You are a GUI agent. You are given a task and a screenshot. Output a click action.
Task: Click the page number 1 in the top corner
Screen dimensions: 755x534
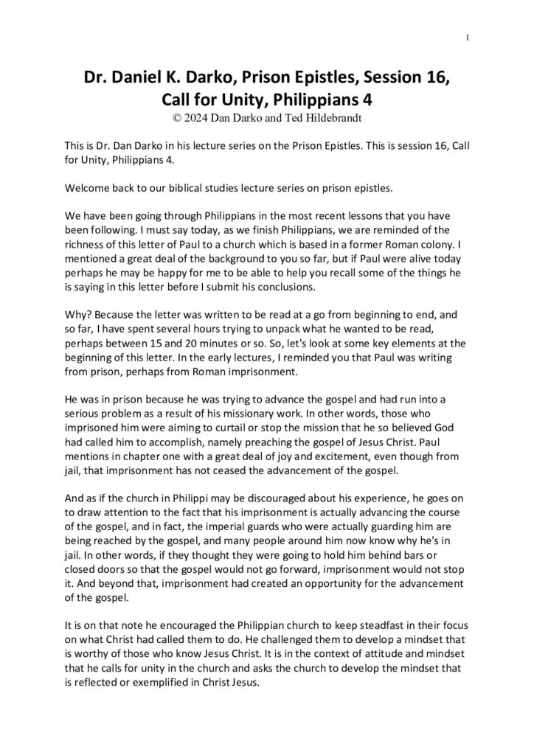[469, 37]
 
